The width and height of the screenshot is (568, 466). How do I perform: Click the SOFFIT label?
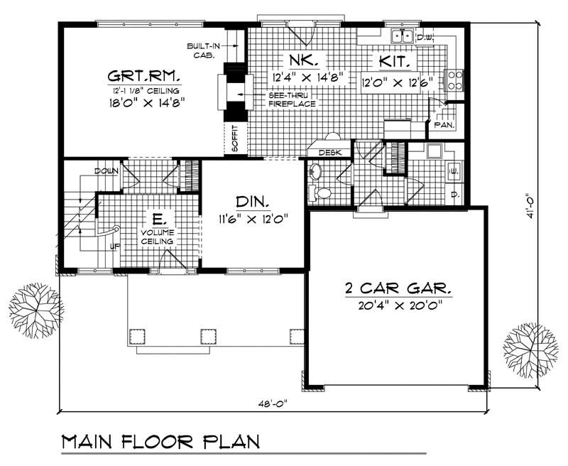point(235,139)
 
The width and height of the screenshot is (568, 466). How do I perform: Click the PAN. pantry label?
point(445,125)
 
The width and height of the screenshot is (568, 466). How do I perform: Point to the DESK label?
point(330,153)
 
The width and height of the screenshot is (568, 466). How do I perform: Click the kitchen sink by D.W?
point(403,36)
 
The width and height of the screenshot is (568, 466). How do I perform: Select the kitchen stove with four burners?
point(452,80)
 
